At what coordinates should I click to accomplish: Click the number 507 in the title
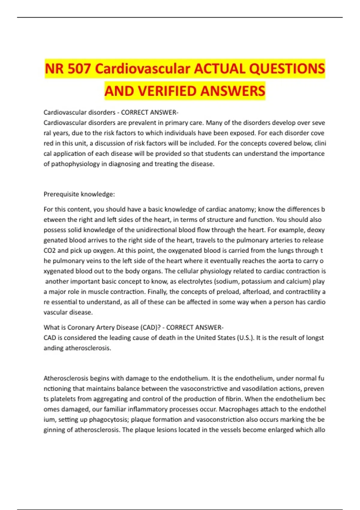pyautogui.click(x=79, y=69)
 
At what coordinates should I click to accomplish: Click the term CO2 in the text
pyautogui.click(x=49, y=250)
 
